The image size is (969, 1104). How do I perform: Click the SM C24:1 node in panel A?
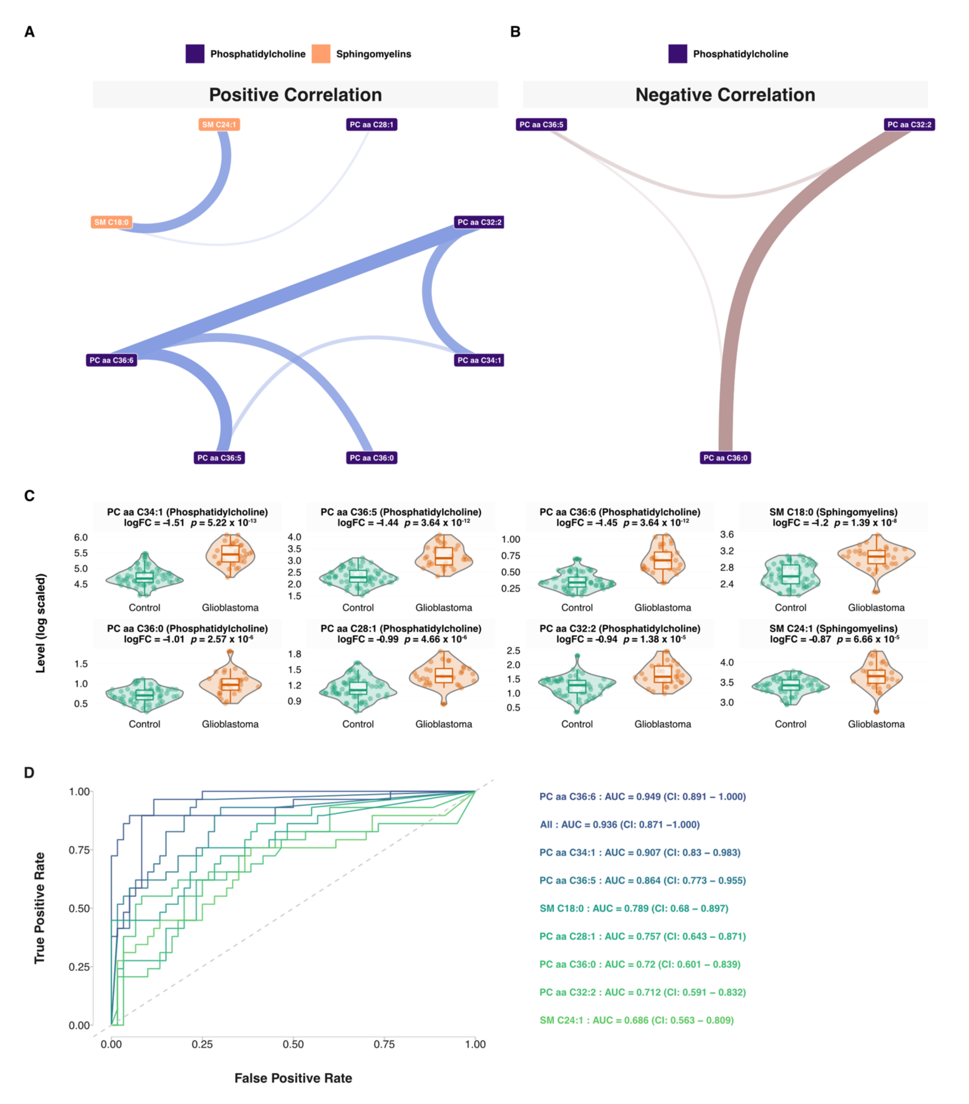pyautogui.click(x=219, y=125)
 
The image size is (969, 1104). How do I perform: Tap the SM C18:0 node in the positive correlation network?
pyautogui.click(x=111, y=222)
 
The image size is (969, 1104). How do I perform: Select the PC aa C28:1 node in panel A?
pyautogui.click(x=371, y=125)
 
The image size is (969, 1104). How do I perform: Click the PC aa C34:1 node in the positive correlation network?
pyautogui.click(x=479, y=360)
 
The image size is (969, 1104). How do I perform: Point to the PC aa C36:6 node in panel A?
pyautogui.click(x=111, y=360)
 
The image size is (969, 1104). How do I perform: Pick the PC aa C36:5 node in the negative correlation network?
pyautogui.click(x=541, y=125)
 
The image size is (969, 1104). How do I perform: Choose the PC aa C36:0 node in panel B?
pyautogui.click(x=725, y=458)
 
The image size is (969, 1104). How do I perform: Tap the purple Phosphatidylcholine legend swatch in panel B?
pyautogui.click(x=677, y=54)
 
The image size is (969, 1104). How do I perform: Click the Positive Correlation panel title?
pyautogui.click(x=295, y=95)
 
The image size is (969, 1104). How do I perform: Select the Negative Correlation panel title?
pyautogui.click(x=725, y=95)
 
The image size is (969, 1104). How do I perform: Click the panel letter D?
pyautogui.click(x=29, y=773)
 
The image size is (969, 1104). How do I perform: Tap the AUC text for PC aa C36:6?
pyautogui.click(x=642, y=797)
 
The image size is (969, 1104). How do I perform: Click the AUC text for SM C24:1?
pyautogui.click(x=636, y=1020)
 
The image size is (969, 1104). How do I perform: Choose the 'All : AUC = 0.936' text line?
pyautogui.click(x=619, y=825)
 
